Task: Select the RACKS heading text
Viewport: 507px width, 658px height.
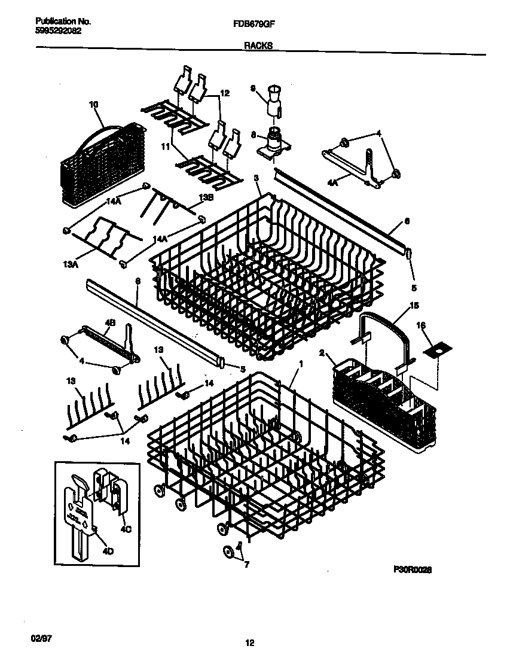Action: pos(258,45)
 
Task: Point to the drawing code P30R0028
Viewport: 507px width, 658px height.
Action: pos(413,570)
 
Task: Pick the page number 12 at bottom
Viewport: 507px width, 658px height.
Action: pos(250,643)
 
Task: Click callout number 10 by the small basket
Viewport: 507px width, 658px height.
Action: pos(93,105)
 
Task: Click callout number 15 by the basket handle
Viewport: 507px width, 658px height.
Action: pos(414,307)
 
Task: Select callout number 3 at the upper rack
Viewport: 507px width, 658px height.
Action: pos(256,178)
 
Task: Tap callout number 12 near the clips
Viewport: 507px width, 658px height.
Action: pos(224,94)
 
